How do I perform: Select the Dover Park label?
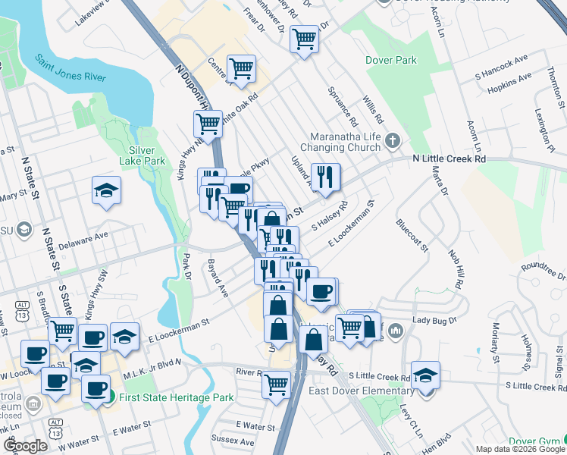392,59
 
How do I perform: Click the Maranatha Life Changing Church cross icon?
392,140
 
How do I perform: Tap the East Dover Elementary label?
362,391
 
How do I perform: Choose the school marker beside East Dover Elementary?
425,375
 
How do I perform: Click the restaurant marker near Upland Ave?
325,179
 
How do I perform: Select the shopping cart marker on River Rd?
277,384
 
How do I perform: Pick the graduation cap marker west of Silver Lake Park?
107,191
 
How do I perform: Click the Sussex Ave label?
235,441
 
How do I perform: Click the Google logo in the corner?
25,446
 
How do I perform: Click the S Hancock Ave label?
500,68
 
